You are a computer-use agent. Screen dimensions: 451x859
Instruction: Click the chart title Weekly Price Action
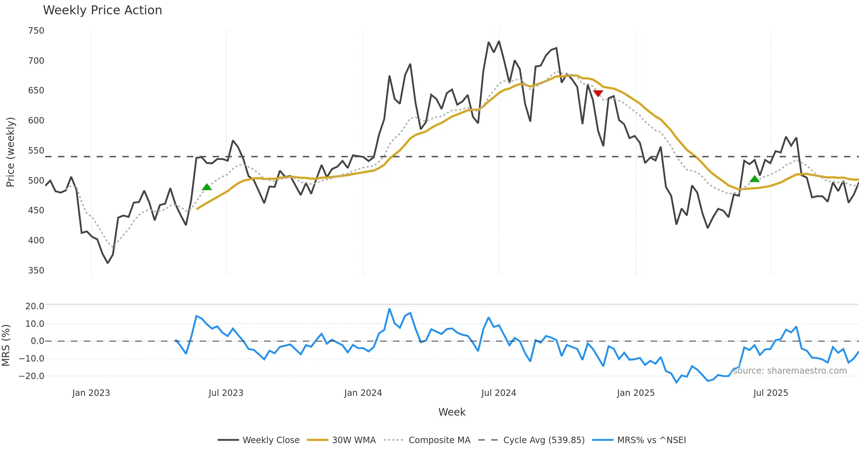102,10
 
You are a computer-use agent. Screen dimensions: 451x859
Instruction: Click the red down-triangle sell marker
598,93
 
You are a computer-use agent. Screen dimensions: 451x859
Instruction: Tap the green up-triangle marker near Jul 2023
207,187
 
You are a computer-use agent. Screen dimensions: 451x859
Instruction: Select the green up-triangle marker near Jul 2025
754,179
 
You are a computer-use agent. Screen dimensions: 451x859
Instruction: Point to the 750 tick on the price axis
36,31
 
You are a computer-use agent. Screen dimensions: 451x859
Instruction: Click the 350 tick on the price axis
36,271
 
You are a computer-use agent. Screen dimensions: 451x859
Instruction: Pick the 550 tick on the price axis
36,151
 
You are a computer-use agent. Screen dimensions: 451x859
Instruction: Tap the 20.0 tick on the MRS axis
35,306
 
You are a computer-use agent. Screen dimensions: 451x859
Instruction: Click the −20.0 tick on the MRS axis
31,376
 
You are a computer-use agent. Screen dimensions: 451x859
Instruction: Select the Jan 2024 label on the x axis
363,393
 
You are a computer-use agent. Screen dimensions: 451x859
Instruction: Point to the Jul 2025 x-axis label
771,393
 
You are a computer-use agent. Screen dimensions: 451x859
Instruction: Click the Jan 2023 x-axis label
91,393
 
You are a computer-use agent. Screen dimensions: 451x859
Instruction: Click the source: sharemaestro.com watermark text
790,371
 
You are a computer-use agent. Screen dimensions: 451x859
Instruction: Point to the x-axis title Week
452,412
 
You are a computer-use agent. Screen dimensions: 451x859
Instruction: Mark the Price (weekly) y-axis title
11,152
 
